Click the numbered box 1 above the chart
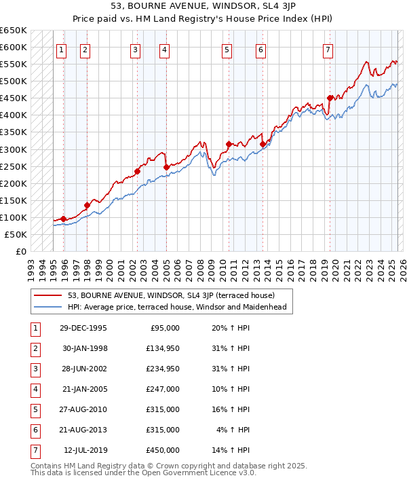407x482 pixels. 62,49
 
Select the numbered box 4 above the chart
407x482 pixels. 165,49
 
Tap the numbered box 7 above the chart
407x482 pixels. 328,49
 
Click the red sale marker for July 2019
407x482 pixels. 330,98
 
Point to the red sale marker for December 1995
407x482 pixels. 63,219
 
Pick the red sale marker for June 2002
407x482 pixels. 137,171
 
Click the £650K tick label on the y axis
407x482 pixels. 14,31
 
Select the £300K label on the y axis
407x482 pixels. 14,149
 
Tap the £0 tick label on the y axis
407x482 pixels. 21,251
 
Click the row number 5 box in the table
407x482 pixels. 34,410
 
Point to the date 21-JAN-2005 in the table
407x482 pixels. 84,390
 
